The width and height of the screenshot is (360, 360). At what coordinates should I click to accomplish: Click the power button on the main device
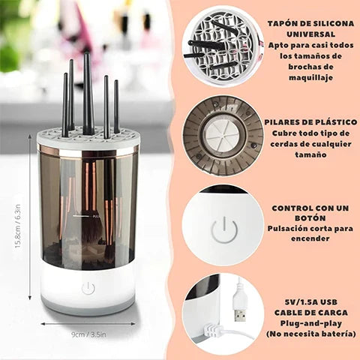(88, 288)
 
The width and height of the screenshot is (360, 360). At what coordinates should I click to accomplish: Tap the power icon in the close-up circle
(224, 230)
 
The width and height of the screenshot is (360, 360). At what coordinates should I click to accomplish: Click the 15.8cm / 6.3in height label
(17, 226)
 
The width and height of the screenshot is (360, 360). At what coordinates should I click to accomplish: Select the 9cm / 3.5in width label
(88, 334)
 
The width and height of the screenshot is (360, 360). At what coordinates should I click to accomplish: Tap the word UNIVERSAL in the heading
(310, 34)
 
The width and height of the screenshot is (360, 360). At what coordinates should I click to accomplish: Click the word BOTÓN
(310, 218)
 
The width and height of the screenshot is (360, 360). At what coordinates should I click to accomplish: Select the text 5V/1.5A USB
(311, 302)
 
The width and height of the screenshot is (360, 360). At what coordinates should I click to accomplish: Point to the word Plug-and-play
(310, 323)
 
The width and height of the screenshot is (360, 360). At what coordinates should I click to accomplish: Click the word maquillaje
(310, 78)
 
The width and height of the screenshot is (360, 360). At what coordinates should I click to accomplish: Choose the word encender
(310, 238)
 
